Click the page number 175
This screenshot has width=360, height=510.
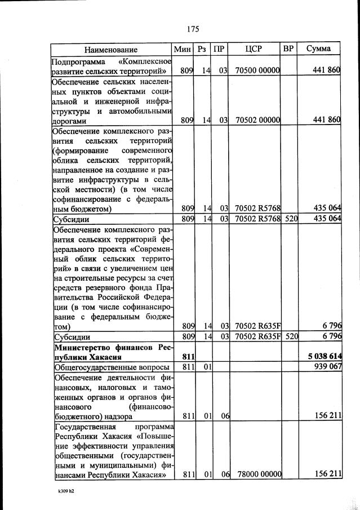[191, 28]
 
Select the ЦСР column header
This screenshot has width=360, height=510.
[254, 49]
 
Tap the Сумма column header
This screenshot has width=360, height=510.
[319, 49]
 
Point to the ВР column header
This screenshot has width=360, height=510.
[288, 49]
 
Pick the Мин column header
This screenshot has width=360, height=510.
[184, 49]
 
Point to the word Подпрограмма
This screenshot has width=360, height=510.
[78, 60]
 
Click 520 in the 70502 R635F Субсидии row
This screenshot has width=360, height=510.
[291, 337]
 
